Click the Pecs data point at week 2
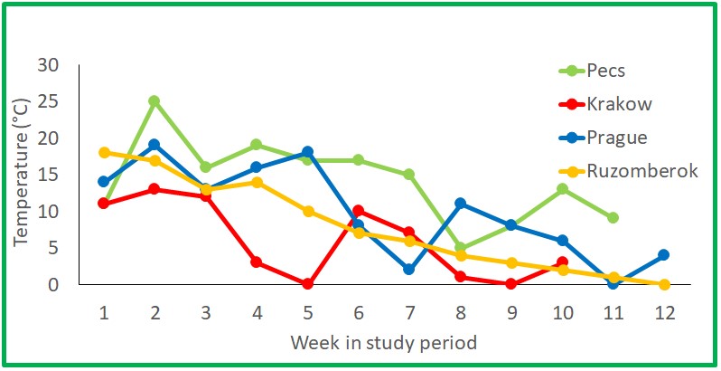point(154,100)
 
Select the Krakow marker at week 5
point(308,283)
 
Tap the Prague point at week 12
point(664,254)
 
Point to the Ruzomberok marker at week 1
point(104,152)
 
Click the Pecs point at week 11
point(613,217)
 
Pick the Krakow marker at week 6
point(359,210)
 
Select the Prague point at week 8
point(461,203)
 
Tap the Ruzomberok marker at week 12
point(664,283)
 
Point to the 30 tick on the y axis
point(48,65)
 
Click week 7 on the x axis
point(409,311)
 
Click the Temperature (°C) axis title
point(20,174)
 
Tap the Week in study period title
point(384,343)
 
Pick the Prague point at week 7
point(409,269)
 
